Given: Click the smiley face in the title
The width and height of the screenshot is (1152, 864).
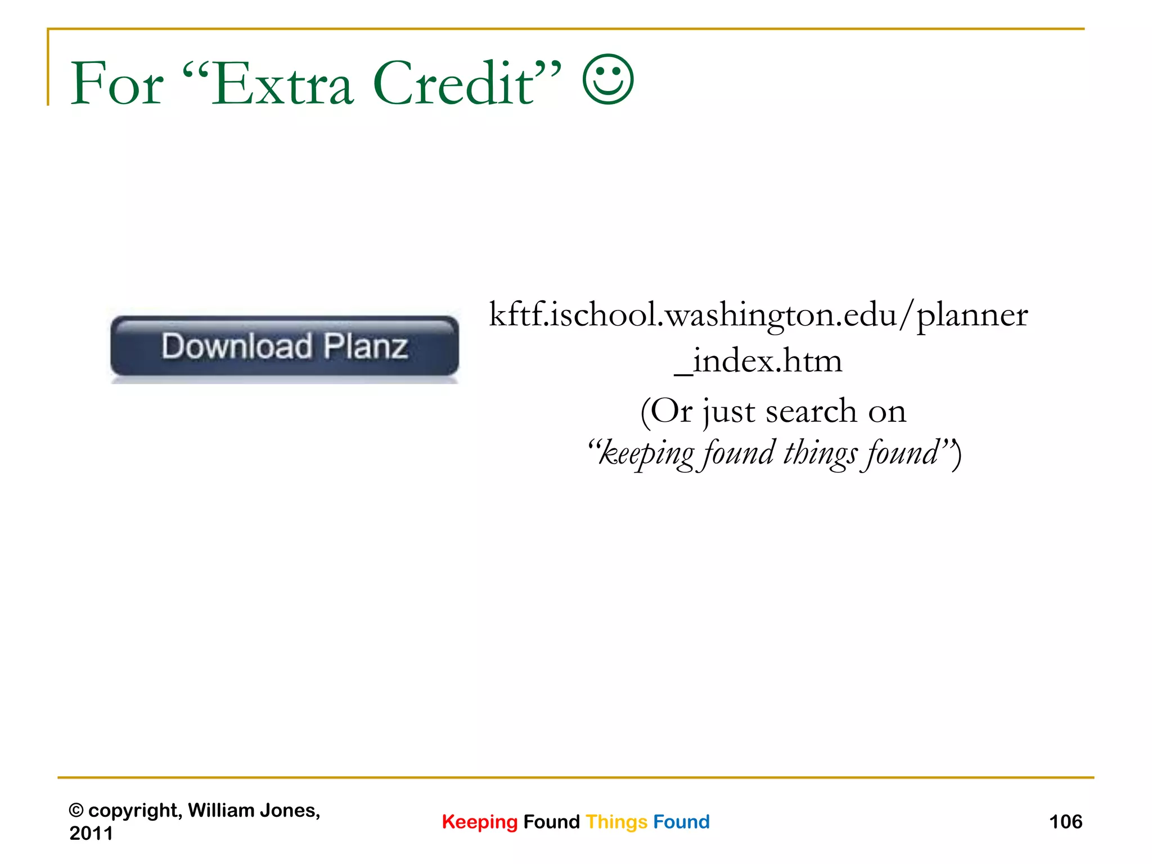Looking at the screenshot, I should [x=608, y=80].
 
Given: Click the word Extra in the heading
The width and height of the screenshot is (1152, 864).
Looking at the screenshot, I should [x=283, y=84].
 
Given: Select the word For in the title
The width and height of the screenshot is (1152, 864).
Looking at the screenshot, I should [x=117, y=84].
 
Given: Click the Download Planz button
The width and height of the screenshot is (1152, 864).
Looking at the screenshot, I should [x=285, y=346].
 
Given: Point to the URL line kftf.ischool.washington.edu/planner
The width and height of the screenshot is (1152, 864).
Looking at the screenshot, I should [x=758, y=315].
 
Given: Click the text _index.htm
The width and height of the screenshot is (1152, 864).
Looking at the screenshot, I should [x=758, y=361].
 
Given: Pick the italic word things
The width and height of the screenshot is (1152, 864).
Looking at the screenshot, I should [x=821, y=453].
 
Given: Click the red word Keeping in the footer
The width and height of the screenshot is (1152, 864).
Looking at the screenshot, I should [x=479, y=822].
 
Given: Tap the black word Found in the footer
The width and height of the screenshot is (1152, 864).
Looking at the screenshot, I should [x=551, y=822].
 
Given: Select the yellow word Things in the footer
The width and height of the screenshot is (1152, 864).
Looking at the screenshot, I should [x=616, y=822].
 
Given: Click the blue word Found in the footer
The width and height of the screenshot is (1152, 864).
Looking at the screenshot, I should [x=681, y=822].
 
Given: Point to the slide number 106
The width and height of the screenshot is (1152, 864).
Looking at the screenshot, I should [x=1065, y=822].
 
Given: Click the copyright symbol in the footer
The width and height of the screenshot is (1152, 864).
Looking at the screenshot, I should [x=76, y=811].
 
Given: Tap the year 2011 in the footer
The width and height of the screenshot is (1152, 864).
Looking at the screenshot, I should [x=91, y=833].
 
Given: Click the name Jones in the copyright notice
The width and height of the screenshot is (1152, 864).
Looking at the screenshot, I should [x=289, y=811].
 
